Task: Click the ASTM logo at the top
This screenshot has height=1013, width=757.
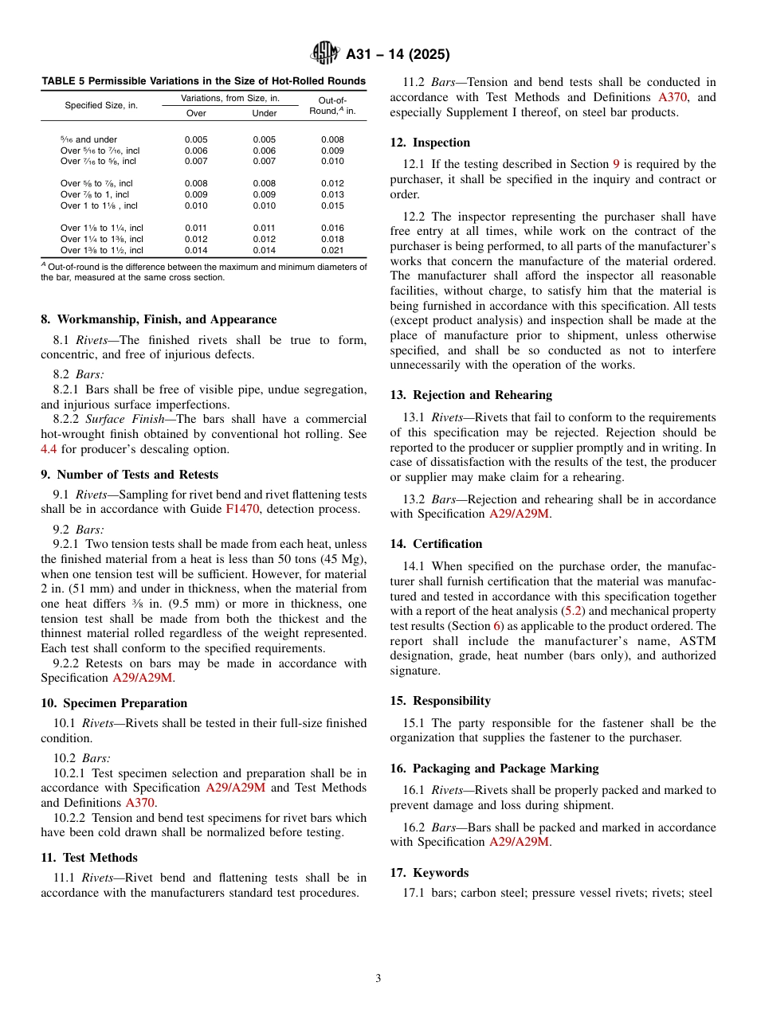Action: tap(325, 54)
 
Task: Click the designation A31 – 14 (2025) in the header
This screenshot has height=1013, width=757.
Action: tap(398, 55)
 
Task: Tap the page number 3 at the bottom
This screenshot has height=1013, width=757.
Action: tap(378, 979)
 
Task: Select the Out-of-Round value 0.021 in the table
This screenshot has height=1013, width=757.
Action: tap(332, 250)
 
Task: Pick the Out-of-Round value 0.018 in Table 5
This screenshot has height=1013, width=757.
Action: tap(332, 239)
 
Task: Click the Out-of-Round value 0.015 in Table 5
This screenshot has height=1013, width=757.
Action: tap(332, 205)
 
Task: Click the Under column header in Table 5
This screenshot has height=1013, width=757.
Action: tap(264, 113)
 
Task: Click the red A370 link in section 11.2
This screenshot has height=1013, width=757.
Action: tap(677, 97)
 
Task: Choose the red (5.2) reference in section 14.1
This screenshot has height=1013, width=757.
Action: tap(573, 611)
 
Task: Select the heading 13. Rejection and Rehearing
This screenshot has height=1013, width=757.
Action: tap(470, 395)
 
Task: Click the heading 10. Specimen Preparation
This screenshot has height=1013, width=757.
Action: tap(114, 703)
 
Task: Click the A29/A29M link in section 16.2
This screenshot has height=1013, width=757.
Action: tap(519, 842)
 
